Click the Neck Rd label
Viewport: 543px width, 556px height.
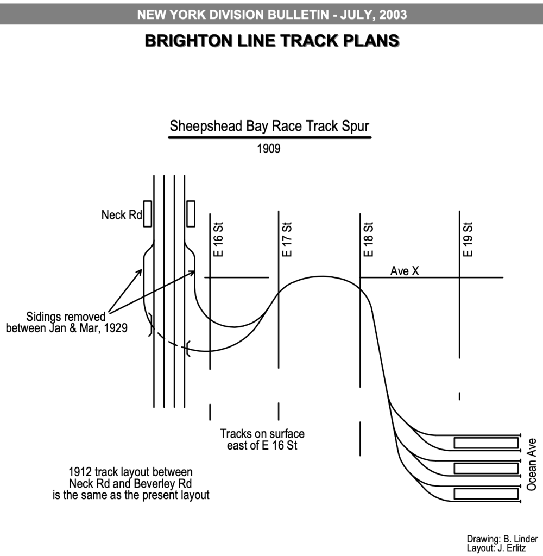[x=121, y=215]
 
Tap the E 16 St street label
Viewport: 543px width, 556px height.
[x=219, y=239]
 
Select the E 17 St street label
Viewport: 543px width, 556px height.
[x=288, y=239]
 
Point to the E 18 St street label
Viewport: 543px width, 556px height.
[x=369, y=239]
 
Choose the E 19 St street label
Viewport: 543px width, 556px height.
[x=468, y=239]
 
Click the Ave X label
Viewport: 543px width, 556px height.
[x=405, y=270]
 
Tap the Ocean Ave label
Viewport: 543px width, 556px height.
[x=532, y=464]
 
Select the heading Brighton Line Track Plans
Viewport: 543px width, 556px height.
[x=272, y=41]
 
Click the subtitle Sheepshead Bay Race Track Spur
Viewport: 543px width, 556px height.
[x=269, y=127]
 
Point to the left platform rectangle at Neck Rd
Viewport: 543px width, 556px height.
[x=147, y=213]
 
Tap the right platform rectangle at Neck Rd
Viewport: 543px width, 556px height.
[x=191, y=213]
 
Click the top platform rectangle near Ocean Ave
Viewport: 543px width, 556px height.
[x=486, y=443]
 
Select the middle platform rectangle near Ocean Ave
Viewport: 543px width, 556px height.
[x=486, y=469]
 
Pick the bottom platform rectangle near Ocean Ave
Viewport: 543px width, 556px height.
[x=486, y=494]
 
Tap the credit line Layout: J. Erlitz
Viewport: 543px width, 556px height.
[x=496, y=548]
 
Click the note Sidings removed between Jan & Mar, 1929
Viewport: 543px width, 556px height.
[x=66, y=323]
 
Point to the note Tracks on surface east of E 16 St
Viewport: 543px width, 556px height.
[x=262, y=440]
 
